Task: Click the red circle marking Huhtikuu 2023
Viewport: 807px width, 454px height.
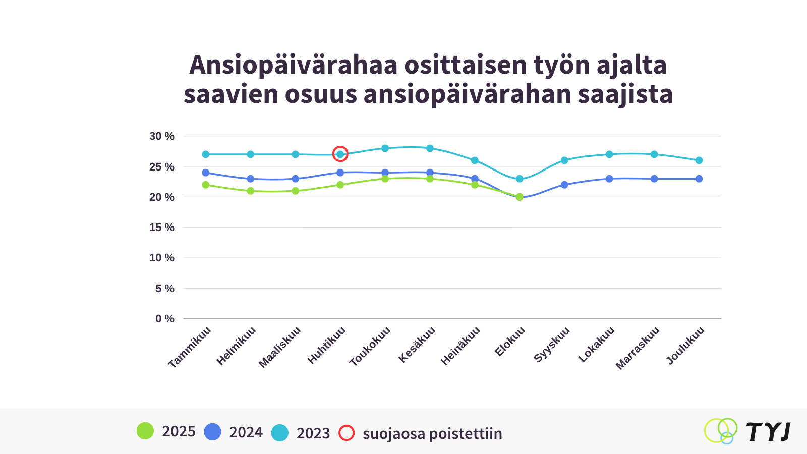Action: tap(340, 154)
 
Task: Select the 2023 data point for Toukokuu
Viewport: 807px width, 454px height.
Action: tap(385, 148)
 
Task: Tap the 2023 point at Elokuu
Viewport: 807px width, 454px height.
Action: tap(520, 179)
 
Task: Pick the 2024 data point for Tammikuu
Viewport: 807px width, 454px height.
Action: tap(206, 173)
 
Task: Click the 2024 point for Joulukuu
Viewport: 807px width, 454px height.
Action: tap(699, 179)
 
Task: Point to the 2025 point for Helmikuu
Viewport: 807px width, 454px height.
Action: tap(251, 191)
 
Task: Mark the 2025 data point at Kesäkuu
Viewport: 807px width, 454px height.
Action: tap(430, 179)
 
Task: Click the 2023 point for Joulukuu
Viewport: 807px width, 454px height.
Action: tap(699, 160)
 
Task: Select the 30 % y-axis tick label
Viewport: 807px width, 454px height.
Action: tap(161, 136)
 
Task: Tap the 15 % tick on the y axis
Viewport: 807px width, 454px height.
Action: tap(161, 228)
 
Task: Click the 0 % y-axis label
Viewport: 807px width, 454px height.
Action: tap(164, 319)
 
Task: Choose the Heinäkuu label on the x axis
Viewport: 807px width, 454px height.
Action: tap(460, 346)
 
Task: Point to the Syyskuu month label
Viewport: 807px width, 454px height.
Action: tap(552, 345)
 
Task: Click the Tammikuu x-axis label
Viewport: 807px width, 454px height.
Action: tap(190, 348)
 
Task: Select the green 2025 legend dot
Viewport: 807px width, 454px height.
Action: tap(145, 431)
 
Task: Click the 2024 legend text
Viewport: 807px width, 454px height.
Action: tap(246, 433)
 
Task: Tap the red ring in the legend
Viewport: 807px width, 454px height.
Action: tap(347, 433)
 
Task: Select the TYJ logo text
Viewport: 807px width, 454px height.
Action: tap(768, 432)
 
